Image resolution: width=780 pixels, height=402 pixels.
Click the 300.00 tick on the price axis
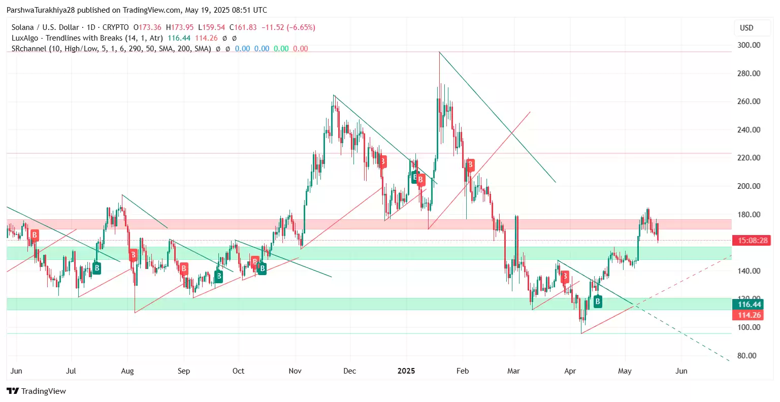[749, 45]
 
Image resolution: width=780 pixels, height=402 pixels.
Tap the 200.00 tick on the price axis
[749, 186]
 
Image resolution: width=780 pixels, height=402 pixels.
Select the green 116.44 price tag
[749, 305]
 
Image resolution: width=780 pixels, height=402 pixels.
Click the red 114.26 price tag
[749, 315]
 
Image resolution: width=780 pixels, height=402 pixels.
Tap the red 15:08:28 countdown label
[752, 241]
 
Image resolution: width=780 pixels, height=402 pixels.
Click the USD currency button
[746, 28]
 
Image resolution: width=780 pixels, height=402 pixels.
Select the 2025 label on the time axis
[406, 371]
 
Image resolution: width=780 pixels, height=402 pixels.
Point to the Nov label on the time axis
[295, 371]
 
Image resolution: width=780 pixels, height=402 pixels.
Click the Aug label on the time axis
[127, 371]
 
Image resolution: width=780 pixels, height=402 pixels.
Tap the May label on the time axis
[625, 371]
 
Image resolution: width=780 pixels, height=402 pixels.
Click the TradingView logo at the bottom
[37, 391]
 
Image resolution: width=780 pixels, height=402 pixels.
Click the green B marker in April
[598, 301]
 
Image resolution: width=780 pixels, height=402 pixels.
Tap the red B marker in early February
[471, 164]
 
